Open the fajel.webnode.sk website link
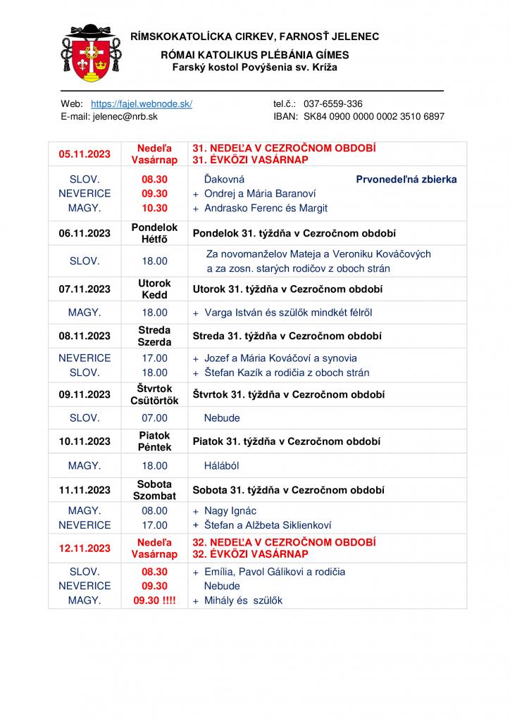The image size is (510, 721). pos(142,104)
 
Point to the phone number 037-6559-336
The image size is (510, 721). pos(333,104)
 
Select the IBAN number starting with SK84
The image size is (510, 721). pos(374,116)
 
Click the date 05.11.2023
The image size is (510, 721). pos(85,154)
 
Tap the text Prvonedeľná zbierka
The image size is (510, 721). pos(406,180)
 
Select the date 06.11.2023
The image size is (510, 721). pos(85,233)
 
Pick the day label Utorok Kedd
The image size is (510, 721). pos(154,289)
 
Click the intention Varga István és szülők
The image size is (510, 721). pos(287,313)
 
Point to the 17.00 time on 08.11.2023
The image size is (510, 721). pos(155,358)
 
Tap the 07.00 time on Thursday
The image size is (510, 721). pos(155,418)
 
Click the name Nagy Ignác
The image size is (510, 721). pos(230,510)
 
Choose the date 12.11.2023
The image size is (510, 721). pos(85,548)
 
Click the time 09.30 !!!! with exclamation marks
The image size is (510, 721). pos(155,601)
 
